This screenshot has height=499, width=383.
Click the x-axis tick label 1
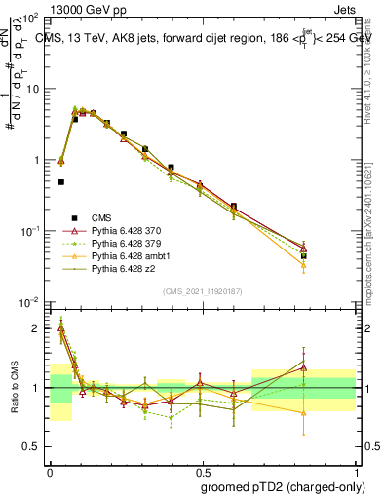[355, 468]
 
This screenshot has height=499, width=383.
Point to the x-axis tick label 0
[50, 468]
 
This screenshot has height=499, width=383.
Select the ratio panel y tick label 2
[37, 328]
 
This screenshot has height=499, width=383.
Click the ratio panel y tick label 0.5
[33, 447]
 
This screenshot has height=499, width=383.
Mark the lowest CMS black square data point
[61, 182]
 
